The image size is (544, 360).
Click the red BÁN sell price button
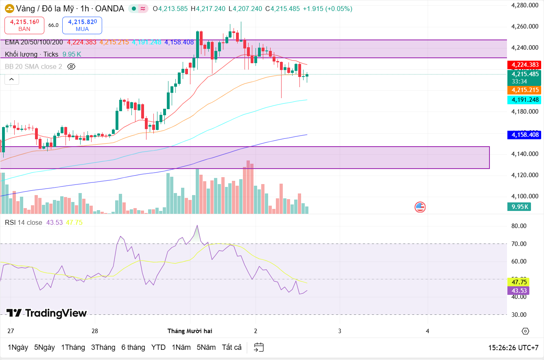24,25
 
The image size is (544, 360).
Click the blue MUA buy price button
82,25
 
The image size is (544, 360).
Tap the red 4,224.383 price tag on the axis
525,65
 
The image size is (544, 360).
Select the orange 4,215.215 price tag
525,90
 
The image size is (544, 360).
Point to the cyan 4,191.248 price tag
525,100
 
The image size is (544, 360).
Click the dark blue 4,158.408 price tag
525,135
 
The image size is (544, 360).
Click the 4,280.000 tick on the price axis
525,5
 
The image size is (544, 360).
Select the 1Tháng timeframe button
73,347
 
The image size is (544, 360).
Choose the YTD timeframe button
158,347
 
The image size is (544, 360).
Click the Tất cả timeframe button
232,347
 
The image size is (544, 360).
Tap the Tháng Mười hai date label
190,331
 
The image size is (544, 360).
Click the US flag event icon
420,207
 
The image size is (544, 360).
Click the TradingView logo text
47,313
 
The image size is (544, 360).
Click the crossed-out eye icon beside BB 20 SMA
71,66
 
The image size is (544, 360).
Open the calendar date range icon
259,347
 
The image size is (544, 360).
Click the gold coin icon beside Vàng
9,9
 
